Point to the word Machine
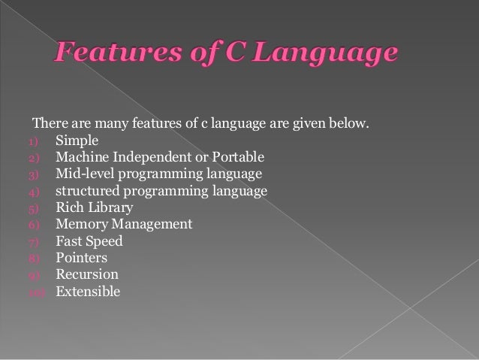pyautogui.click(x=82, y=157)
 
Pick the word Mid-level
pyautogui.click(x=83, y=174)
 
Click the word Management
pyautogui.click(x=153, y=224)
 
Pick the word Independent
pyautogui.click(x=154, y=157)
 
